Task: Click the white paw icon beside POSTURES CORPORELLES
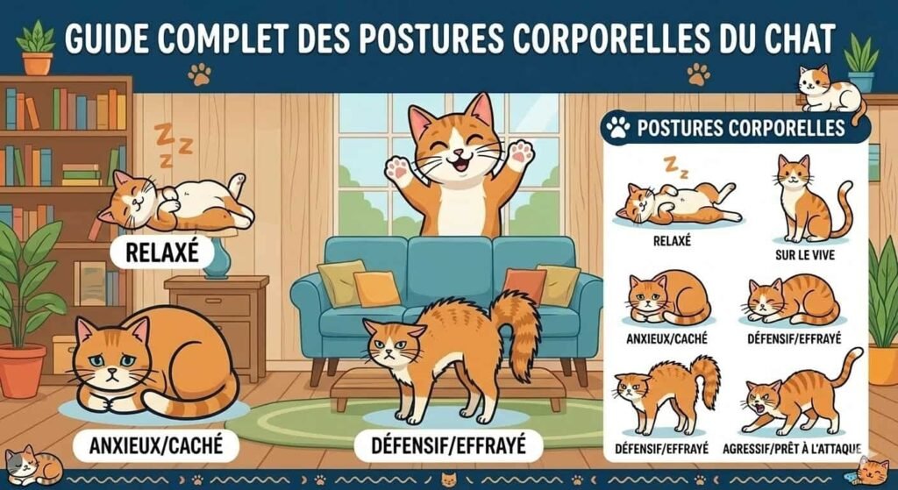pyautogui.click(x=618, y=129)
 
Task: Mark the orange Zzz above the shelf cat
pyautogui.click(x=173, y=139)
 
